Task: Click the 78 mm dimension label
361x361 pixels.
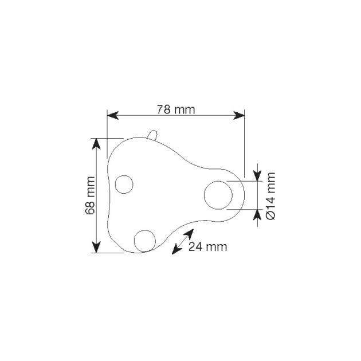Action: point(176,109)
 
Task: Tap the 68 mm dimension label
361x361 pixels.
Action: point(91,195)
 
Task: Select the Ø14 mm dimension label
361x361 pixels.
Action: point(270,196)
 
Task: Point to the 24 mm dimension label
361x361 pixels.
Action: point(207,247)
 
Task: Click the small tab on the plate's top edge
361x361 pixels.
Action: point(152,135)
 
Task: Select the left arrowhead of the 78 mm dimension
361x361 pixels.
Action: point(113,115)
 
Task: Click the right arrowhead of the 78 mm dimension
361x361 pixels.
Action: point(239,115)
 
